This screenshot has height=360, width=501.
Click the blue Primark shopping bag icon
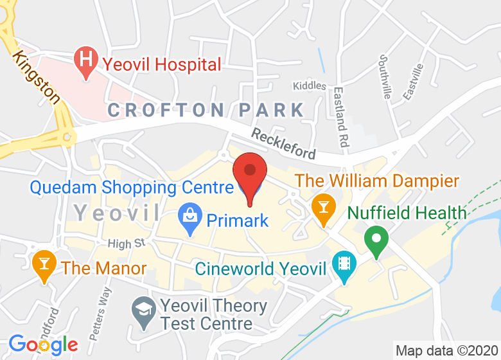click(x=190, y=220)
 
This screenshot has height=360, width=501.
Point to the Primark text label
click(x=238, y=221)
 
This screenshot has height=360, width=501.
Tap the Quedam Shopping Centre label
click(x=131, y=188)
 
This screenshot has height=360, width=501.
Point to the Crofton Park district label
click(x=206, y=110)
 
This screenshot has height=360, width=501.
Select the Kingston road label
click(x=36, y=77)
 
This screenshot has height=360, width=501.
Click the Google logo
click(x=43, y=345)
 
